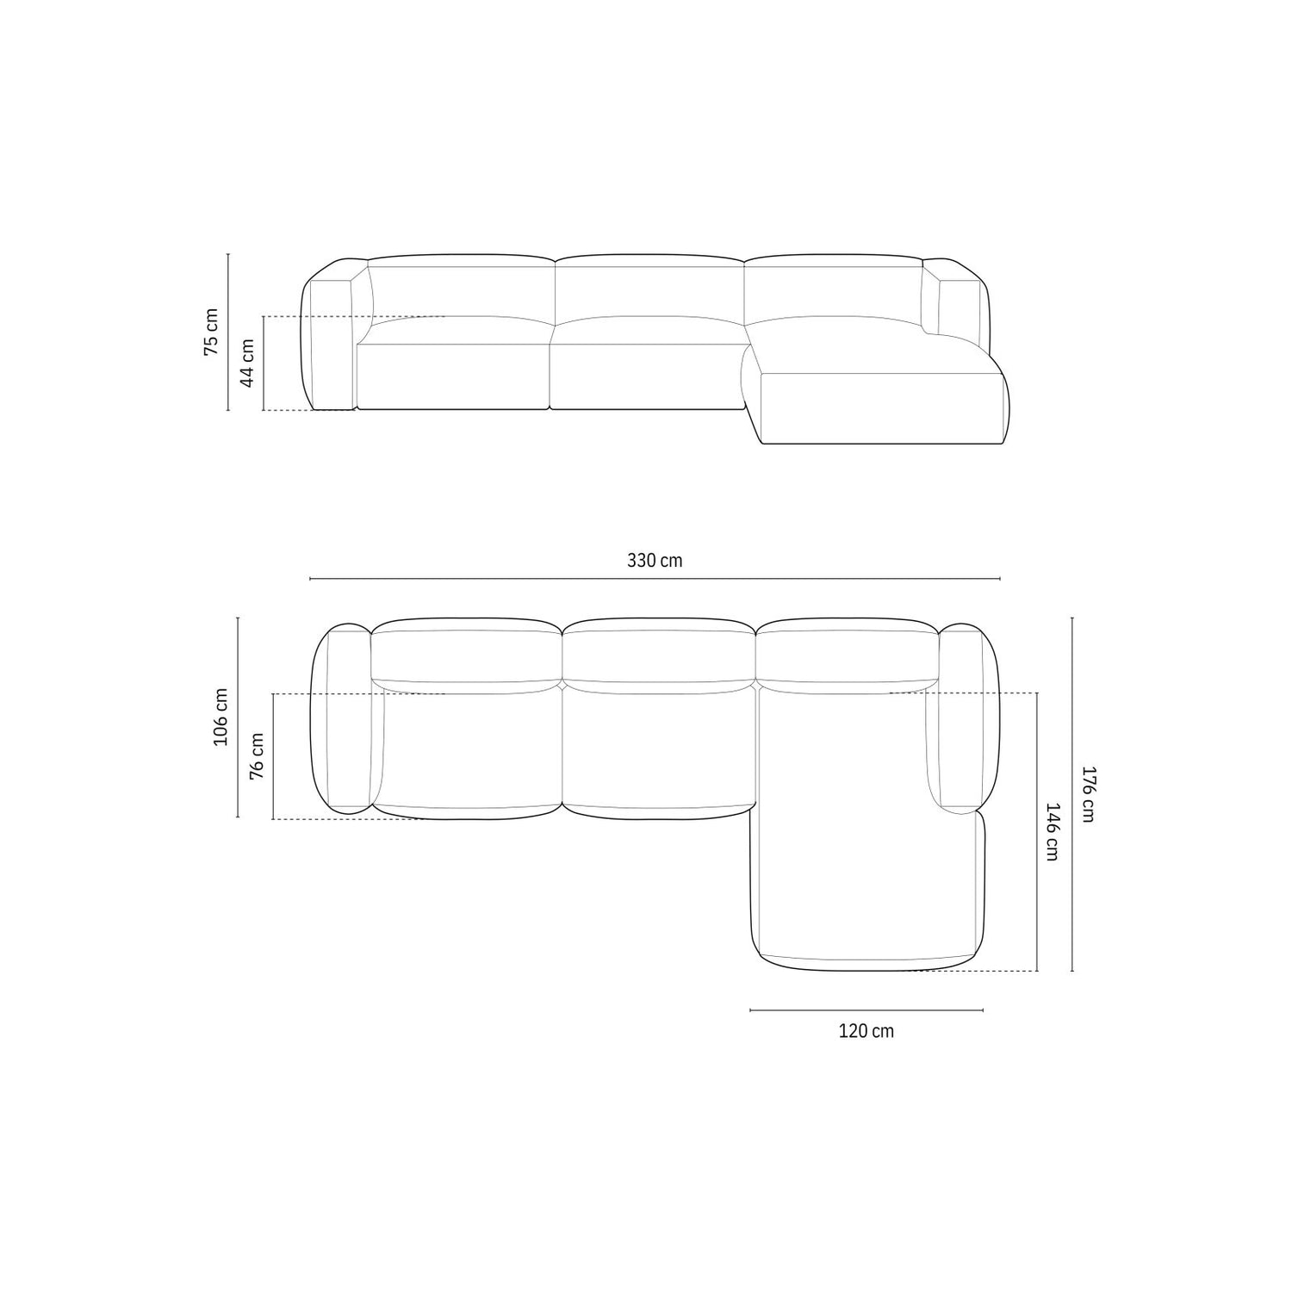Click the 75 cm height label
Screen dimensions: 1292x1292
[x=212, y=332]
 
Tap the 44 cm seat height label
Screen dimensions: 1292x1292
[x=248, y=363]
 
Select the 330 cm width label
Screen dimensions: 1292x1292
[x=655, y=561]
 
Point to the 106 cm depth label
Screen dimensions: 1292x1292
[x=221, y=717]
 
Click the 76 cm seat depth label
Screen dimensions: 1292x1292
[x=257, y=756]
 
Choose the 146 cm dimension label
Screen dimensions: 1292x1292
[x=1051, y=831]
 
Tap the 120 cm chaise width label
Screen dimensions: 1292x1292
[x=867, y=1031]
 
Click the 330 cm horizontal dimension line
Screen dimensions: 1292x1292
[x=655, y=579]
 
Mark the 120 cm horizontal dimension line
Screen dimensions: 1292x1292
[x=867, y=1010]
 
